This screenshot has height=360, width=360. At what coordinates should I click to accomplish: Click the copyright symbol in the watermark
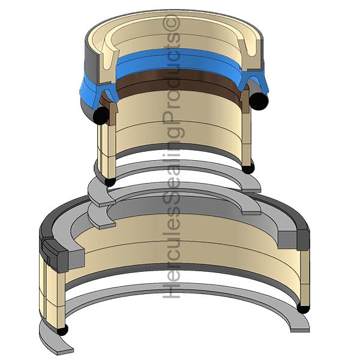(171, 23)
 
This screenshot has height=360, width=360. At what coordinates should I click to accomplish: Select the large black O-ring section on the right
(259, 101)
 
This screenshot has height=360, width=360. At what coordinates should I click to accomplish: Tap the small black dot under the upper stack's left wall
(110, 181)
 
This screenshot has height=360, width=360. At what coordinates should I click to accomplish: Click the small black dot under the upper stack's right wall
(248, 168)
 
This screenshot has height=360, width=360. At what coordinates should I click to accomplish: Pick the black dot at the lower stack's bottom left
(62, 329)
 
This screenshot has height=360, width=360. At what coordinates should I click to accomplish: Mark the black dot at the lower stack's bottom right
(303, 308)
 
